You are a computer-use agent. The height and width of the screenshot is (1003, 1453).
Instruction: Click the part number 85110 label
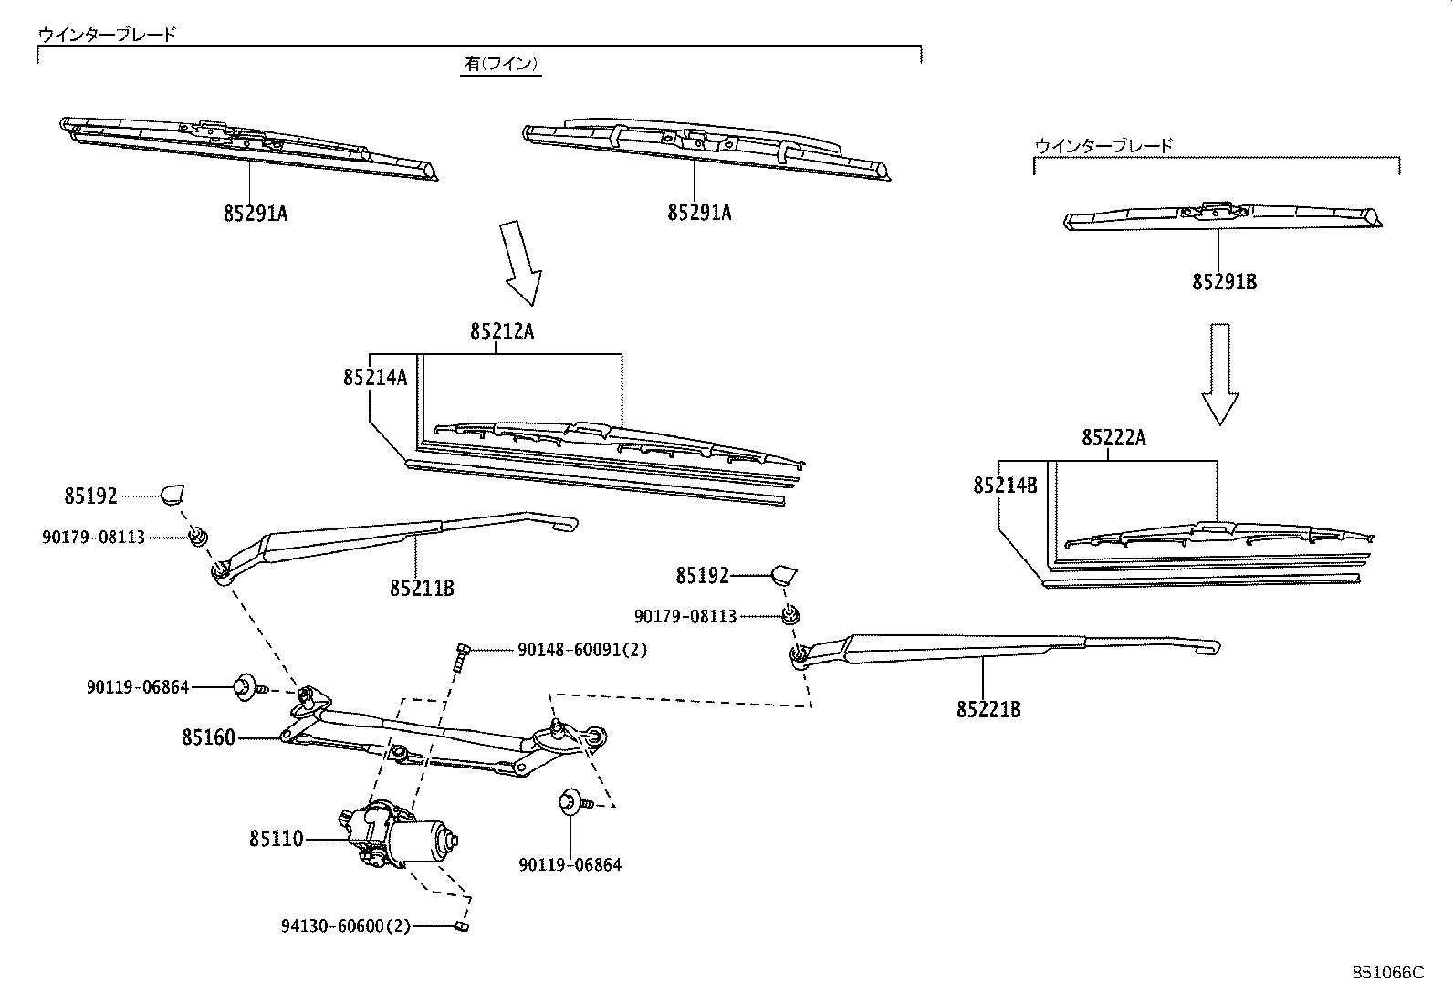point(276,838)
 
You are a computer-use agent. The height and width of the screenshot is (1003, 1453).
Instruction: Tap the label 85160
point(208,737)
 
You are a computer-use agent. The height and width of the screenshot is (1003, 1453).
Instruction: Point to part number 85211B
point(422,588)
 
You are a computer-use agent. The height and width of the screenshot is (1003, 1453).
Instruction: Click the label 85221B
point(988,708)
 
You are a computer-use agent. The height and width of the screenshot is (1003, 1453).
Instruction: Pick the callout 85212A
point(502,332)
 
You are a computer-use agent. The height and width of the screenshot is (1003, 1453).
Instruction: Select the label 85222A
point(1114,438)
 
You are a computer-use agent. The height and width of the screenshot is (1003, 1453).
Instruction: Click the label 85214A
point(375,377)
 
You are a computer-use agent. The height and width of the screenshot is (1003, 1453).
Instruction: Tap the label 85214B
point(1005,486)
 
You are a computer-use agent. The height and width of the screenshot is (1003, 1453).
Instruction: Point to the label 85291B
point(1224,282)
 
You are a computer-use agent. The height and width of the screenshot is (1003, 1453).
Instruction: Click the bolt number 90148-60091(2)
point(582,650)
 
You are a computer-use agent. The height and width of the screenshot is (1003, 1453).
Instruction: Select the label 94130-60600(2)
point(346,925)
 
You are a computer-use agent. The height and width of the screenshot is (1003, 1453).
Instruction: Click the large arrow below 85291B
point(1219,374)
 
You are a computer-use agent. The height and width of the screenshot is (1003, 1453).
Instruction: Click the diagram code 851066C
point(1387,973)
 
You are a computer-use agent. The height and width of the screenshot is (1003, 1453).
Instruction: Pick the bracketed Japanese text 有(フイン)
point(501,64)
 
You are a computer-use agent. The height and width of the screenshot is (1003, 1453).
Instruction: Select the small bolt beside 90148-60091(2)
point(459,656)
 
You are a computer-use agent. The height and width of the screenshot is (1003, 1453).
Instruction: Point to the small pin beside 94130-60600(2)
point(462,926)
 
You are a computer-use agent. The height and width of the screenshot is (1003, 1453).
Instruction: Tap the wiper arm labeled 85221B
point(1004,645)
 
